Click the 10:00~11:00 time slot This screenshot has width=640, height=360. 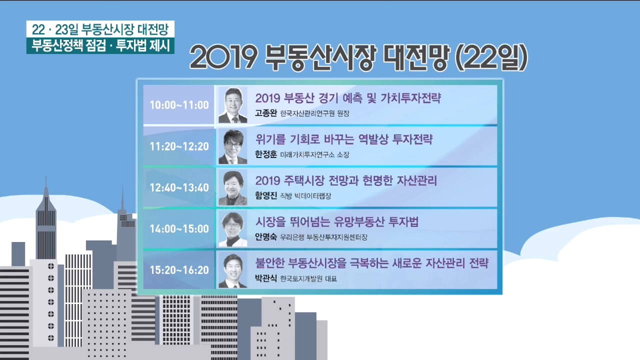tap(179, 105)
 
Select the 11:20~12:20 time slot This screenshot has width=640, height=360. tap(179, 146)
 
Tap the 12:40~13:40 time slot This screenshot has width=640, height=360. tap(179, 187)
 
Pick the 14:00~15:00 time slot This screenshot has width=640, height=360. tap(179, 229)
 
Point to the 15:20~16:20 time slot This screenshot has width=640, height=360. tap(179, 270)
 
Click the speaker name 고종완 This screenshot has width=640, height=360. tap(265, 113)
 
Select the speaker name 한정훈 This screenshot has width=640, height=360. tap(265, 154)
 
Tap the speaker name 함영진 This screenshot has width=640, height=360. tap(265, 195)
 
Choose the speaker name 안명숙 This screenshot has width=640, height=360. tap(265, 237)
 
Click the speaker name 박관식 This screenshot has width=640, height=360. tap(265, 278)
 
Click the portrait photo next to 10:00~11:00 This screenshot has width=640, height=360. tap(232, 105)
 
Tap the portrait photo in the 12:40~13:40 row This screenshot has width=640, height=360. tap(232, 187)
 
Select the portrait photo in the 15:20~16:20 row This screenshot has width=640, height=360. tap(232, 270)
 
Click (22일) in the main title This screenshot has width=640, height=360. tap(491, 57)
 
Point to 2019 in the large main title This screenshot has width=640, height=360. tap(223, 57)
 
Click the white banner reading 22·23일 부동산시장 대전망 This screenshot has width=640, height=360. tap(100, 29)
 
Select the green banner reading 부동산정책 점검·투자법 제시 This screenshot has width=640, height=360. tap(100, 45)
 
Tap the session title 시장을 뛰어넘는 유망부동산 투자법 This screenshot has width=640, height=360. tap(337, 221)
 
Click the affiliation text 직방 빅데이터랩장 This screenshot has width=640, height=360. tap(305, 196)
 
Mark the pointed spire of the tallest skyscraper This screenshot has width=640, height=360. tap(46, 177)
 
